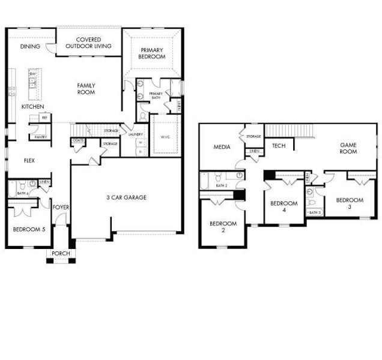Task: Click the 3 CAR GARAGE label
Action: coord(127,197)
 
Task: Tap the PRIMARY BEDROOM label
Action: coord(153,53)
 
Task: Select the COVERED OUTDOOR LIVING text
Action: coord(83,43)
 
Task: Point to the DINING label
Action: coord(29,46)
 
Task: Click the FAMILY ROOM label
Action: coord(86,89)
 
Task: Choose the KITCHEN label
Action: coord(32,107)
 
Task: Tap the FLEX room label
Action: coord(29,160)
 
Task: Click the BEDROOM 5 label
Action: coord(28,228)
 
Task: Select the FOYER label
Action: coord(61,208)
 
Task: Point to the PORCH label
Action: coord(61,254)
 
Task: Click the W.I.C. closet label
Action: coord(165,137)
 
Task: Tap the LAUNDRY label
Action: coord(136,134)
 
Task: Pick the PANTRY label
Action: coord(41,137)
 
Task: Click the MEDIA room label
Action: coord(222,147)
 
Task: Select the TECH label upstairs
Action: coord(278,146)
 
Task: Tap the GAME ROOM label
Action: coord(348,148)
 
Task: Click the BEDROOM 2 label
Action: coord(223,227)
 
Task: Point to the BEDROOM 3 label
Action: coord(349,203)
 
